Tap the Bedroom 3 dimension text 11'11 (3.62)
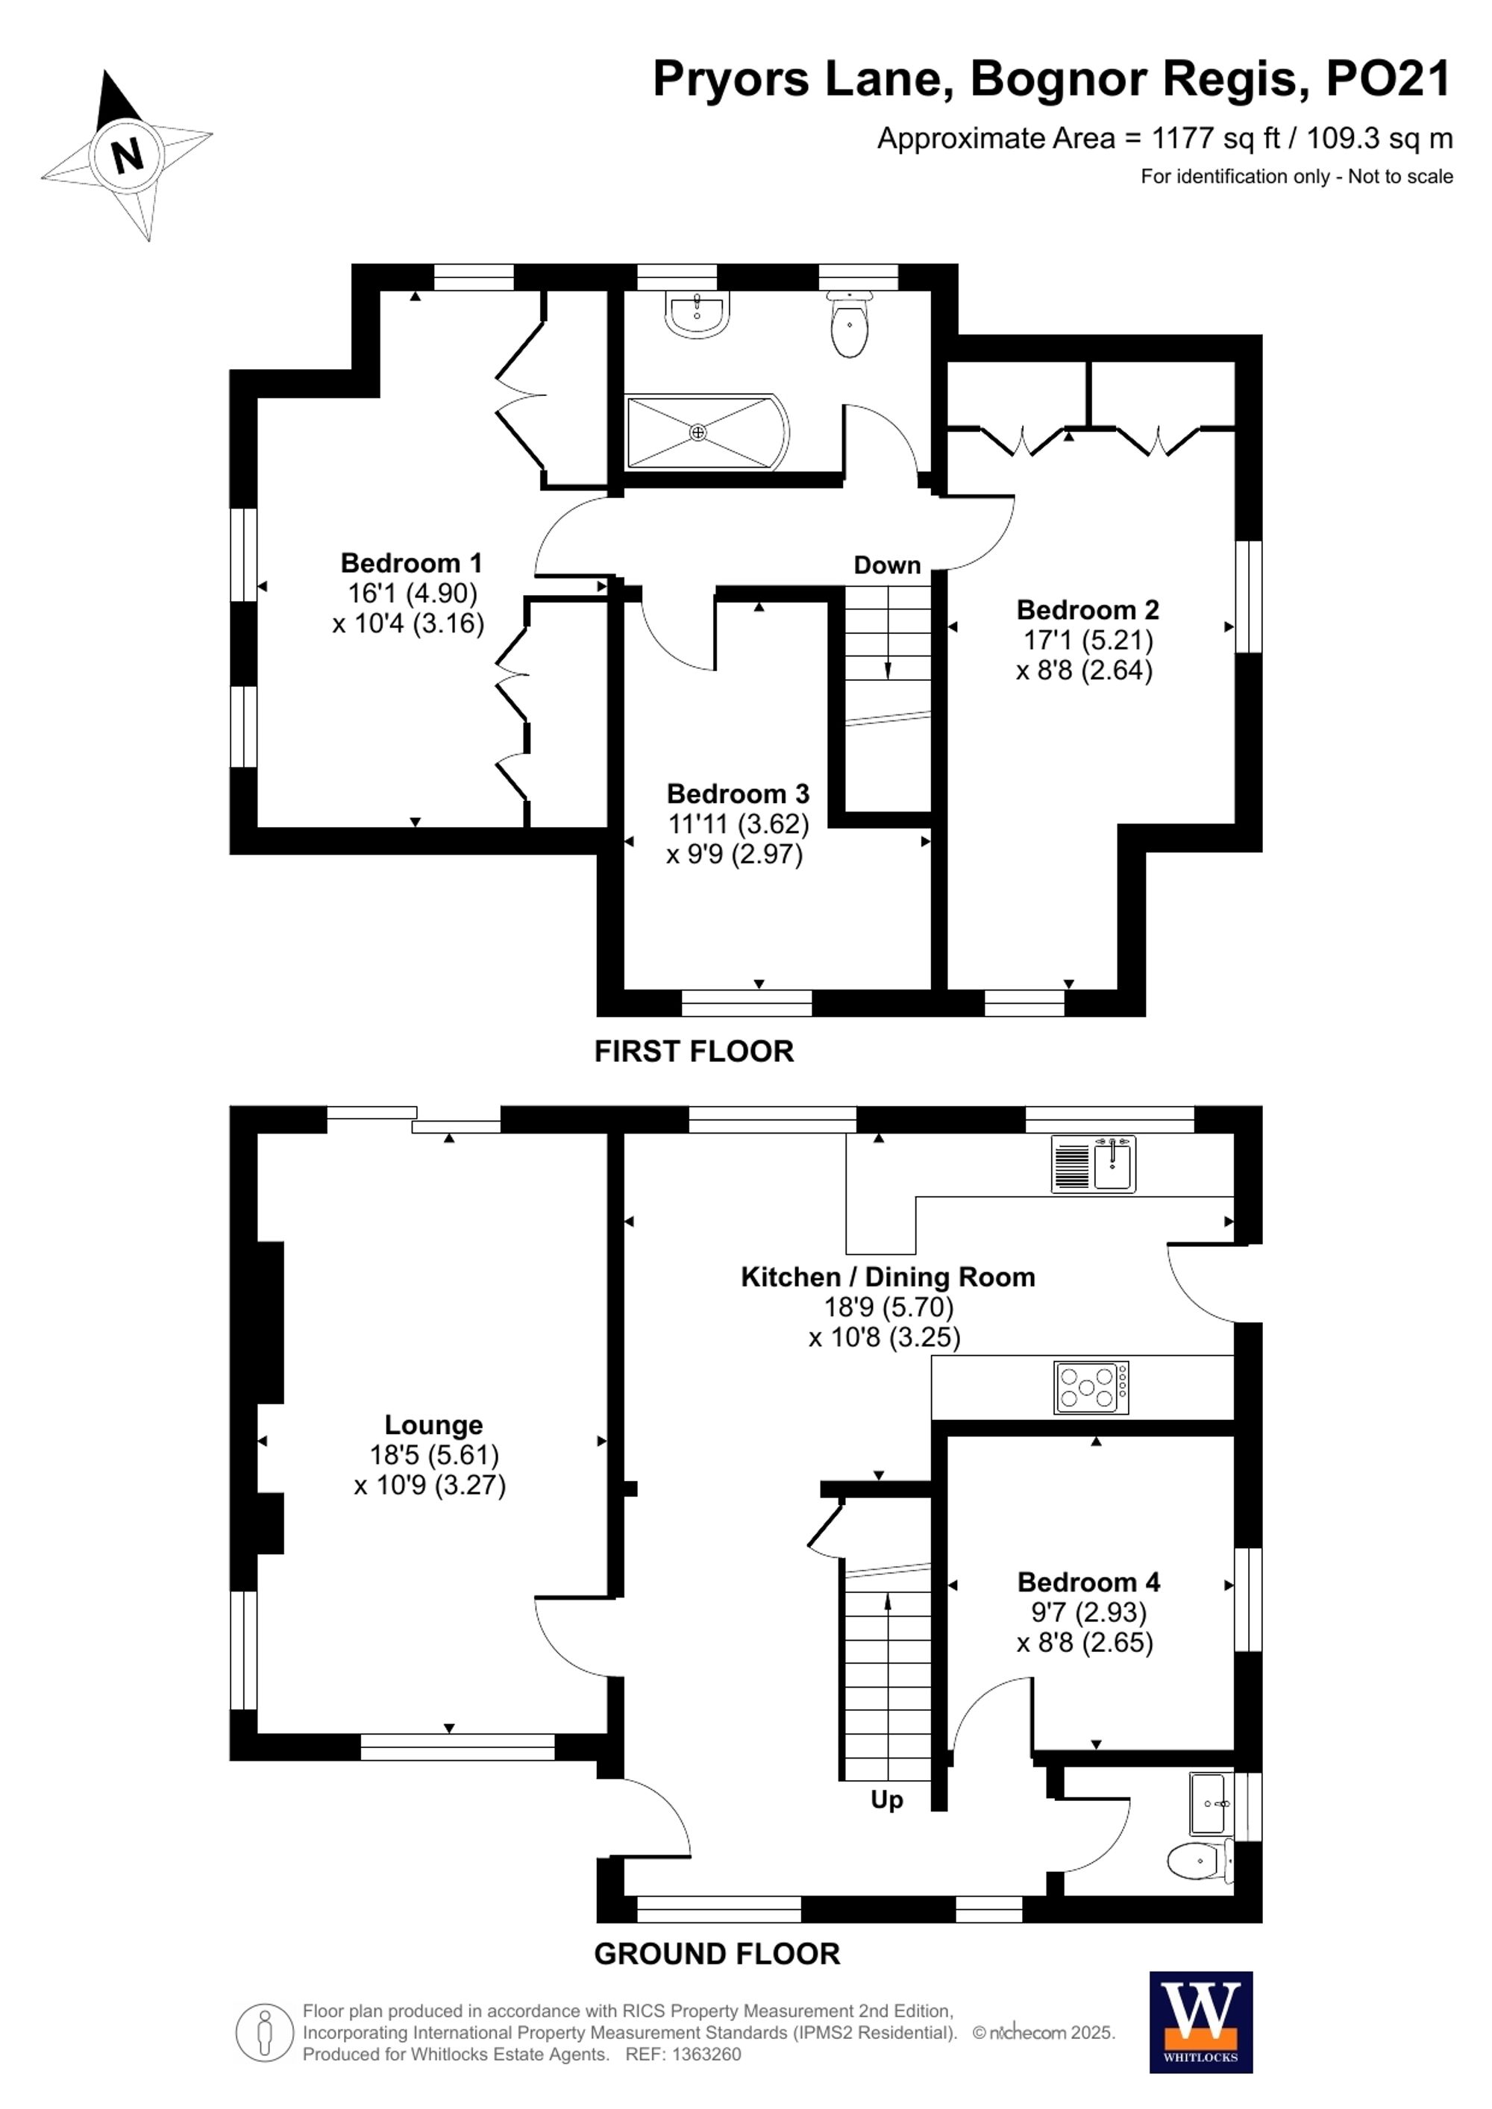click(x=738, y=824)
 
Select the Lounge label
click(x=433, y=1424)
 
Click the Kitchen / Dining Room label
click(x=888, y=1277)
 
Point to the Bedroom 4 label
click(x=1088, y=1582)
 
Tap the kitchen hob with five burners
click(x=1091, y=1387)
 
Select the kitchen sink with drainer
click(x=1094, y=1164)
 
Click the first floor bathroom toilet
click(x=850, y=326)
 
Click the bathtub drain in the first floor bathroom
click(x=698, y=432)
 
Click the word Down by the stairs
click(x=886, y=565)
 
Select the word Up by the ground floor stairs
click(x=886, y=1800)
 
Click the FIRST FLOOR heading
click(x=694, y=1052)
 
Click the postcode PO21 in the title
click(x=1388, y=79)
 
